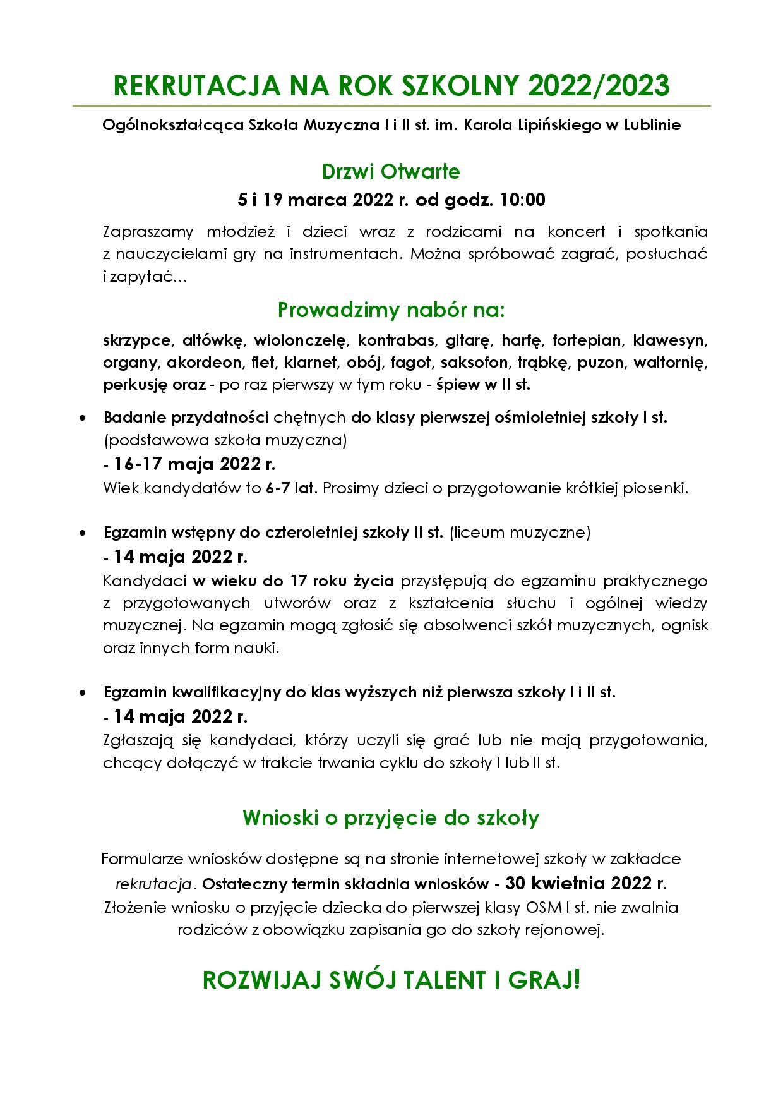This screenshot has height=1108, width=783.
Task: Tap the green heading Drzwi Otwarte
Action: (x=391, y=171)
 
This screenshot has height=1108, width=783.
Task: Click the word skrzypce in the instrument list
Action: (x=137, y=340)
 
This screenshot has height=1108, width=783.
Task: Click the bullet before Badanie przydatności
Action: (x=83, y=418)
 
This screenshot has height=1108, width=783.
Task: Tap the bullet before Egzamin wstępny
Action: (x=83, y=533)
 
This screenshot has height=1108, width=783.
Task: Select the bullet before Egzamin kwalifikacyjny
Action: (x=83, y=692)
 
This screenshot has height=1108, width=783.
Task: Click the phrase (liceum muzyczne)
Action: (x=520, y=533)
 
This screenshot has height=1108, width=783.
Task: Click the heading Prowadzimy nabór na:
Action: (x=391, y=310)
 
